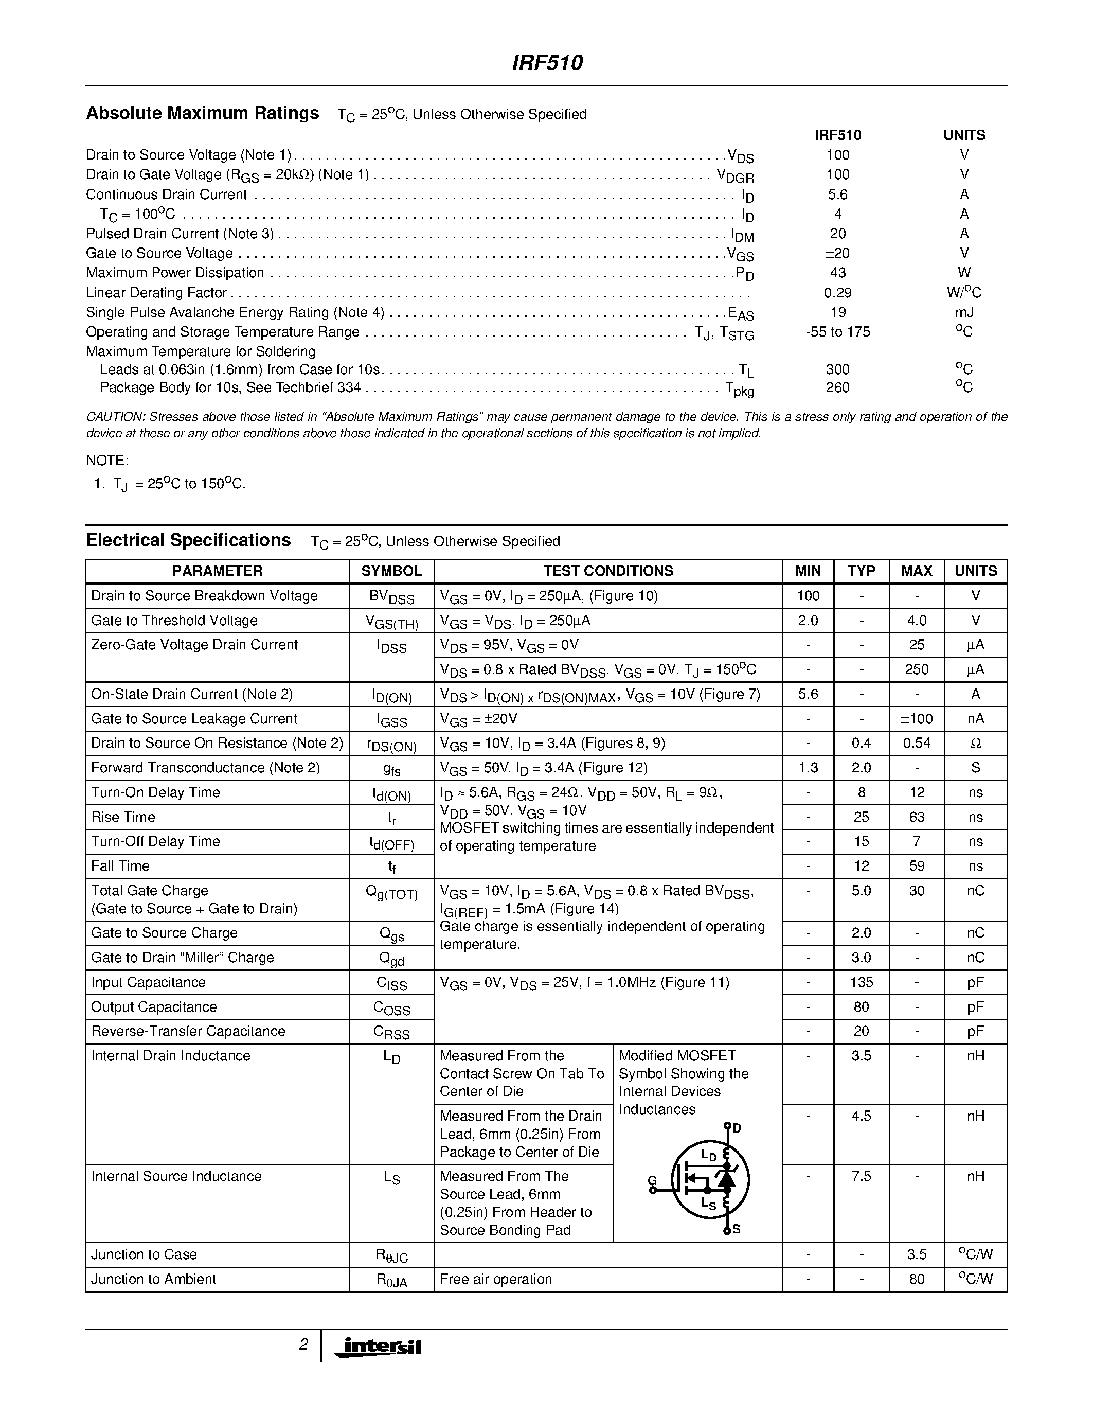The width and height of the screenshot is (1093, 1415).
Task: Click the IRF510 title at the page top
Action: [547, 63]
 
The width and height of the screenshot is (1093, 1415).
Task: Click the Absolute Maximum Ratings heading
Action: [203, 113]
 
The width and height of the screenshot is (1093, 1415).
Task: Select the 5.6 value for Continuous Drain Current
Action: [837, 194]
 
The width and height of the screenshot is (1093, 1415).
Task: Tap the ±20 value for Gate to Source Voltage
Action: [837, 253]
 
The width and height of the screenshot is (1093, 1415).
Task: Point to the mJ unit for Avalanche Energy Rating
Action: [963, 312]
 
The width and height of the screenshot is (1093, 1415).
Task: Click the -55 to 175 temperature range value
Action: [837, 332]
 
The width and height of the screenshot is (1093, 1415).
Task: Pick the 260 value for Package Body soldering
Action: [837, 387]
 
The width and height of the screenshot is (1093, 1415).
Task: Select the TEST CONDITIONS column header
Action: [607, 571]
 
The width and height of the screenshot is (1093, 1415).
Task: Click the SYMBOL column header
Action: [391, 571]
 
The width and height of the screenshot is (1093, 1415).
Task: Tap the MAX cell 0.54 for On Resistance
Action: [916, 743]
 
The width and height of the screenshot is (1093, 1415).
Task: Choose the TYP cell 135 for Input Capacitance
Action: [861, 982]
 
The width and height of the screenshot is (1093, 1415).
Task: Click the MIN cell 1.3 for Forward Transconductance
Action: [808, 768]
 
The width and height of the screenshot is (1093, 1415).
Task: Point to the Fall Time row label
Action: [120, 866]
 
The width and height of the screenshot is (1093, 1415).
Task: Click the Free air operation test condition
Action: [495, 1279]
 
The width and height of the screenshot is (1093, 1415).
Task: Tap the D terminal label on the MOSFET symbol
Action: [737, 1128]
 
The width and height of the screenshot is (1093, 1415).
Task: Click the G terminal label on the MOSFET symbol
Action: [652, 1180]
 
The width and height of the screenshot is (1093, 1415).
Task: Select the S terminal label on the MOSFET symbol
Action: [736, 1230]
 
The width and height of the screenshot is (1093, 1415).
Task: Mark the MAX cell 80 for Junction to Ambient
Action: [916, 1279]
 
